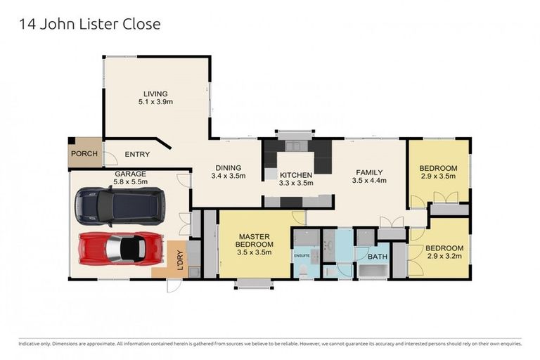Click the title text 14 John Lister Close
[x=89, y=24]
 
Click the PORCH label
[x=84, y=155]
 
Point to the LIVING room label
[x=155, y=94]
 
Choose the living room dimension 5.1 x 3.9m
[x=155, y=102]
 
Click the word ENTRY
[x=137, y=155]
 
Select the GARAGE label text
[x=130, y=173]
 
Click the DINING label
[x=229, y=167]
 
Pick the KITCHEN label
[x=296, y=174]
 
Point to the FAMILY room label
[x=369, y=172]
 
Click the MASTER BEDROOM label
[x=255, y=240]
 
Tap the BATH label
[x=378, y=257]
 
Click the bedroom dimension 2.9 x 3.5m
[x=438, y=177]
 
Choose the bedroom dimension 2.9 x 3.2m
[x=444, y=257]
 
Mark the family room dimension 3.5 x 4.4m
[x=369, y=181]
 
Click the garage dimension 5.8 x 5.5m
[x=130, y=181]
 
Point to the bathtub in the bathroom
[x=373, y=271]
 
